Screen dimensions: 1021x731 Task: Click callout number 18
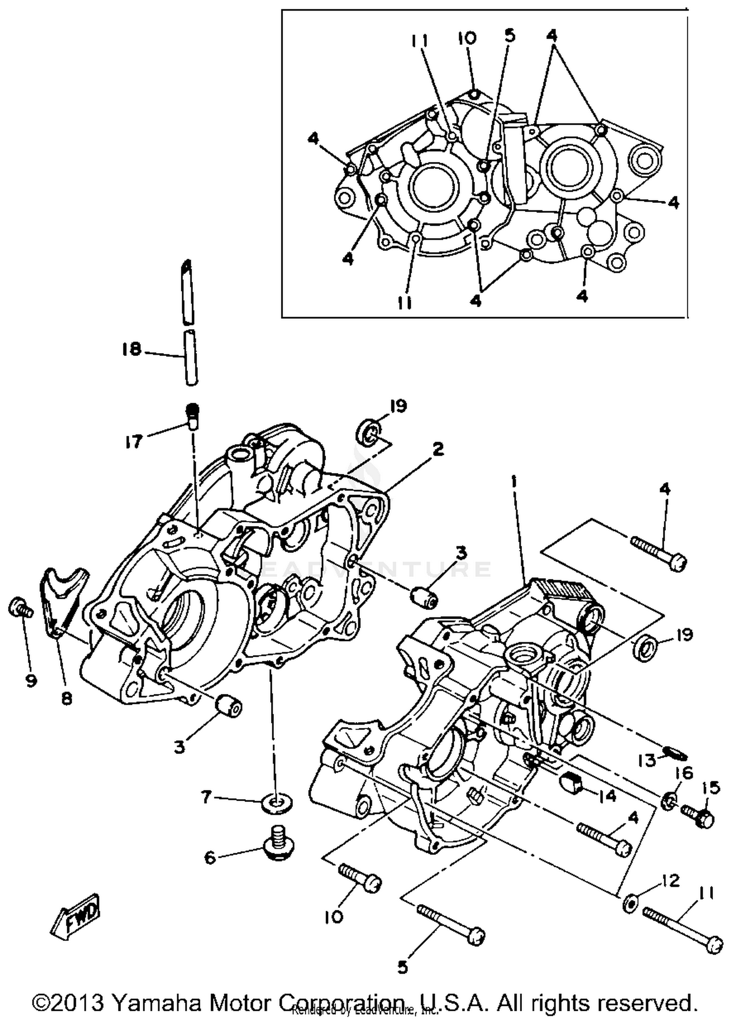(132, 349)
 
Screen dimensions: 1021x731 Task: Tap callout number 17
(134, 442)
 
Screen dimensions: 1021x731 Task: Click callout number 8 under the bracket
(67, 699)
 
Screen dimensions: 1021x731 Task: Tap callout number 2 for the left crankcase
(438, 449)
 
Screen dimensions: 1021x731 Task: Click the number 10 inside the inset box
(467, 38)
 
